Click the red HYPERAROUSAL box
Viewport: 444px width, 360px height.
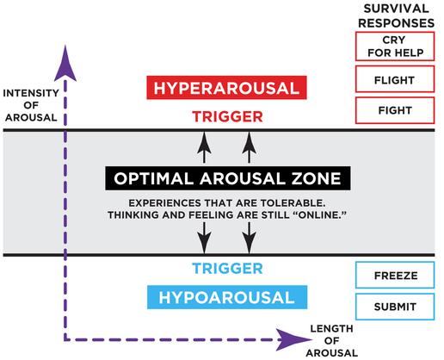point(226,88)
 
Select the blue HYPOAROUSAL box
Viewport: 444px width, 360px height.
point(227,297)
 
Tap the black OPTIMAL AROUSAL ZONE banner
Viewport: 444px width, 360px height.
point(228,178)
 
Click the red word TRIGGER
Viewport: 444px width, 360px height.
point(227,117)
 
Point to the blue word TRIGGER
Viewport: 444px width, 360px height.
point(227,269)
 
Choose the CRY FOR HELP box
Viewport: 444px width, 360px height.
point(395,47)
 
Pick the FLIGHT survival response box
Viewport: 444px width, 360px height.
point(395,79)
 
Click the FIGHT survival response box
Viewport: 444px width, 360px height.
point(395,110)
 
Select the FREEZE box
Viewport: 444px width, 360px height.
point(395,275)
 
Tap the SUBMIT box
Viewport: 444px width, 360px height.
point(395,307)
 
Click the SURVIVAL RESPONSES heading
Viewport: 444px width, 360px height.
point(396,16)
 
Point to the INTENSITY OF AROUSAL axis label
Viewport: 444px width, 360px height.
point(31,105)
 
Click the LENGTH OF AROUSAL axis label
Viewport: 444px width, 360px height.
point(332,341)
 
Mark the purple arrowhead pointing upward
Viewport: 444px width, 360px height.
point(65,64)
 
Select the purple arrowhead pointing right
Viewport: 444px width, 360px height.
point(293,339)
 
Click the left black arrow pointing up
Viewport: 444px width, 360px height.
point(204,147)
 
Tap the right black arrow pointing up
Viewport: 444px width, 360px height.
point(249,147)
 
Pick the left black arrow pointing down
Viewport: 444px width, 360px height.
point(204,238)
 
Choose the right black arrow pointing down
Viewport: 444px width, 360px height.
point(249,238)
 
